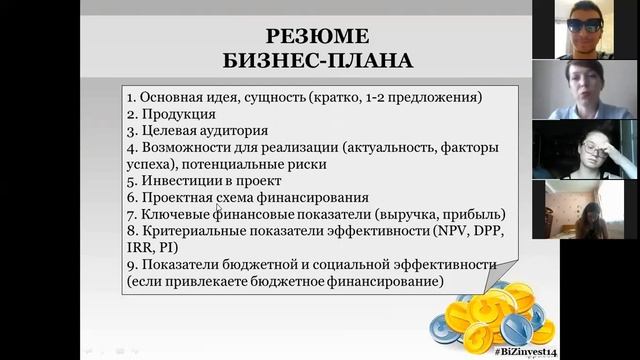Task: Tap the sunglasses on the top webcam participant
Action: [583, 24]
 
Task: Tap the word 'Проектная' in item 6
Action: [173, 198]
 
